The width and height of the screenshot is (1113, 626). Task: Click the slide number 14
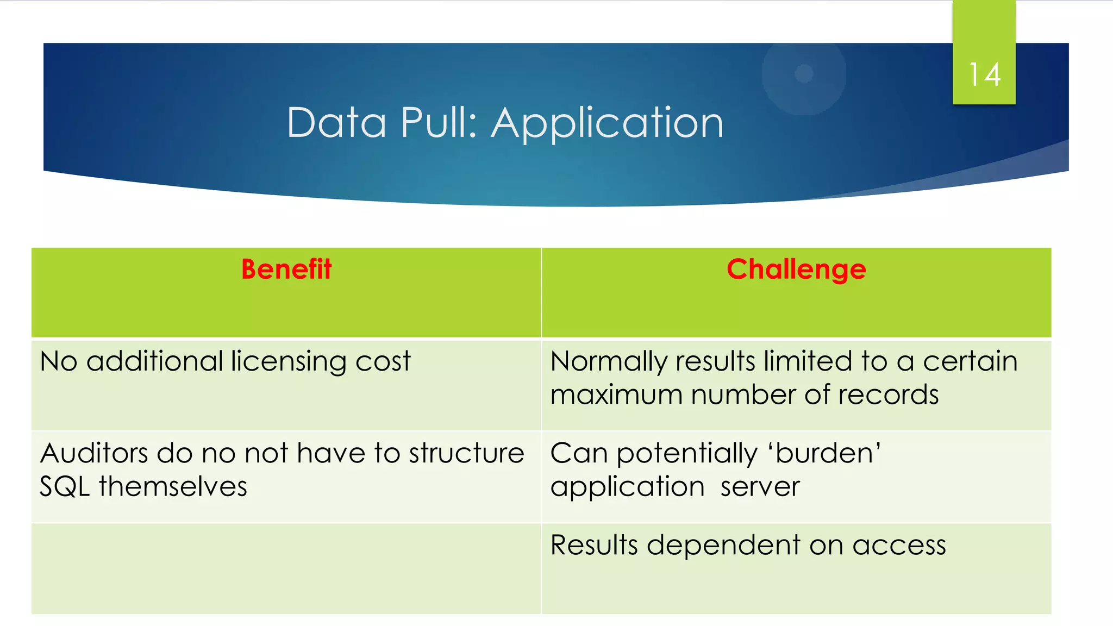point(984,74)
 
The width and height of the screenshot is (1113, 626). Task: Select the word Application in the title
point(607,124)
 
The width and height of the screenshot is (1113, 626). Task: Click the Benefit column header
point(286,270)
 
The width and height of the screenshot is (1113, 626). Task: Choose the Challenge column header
point(796,270)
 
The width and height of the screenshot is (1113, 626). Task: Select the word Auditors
point(93,453)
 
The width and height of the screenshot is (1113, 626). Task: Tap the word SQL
point(65,486)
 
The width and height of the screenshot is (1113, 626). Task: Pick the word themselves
point(173,486)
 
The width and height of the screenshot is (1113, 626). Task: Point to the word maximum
point(616,395)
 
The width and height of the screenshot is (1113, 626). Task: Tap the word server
point(760,487)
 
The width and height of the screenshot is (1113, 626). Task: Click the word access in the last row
point(899,546)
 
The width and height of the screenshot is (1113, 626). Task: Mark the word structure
point(466,453)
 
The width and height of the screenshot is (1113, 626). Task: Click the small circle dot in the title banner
point(804,73)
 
